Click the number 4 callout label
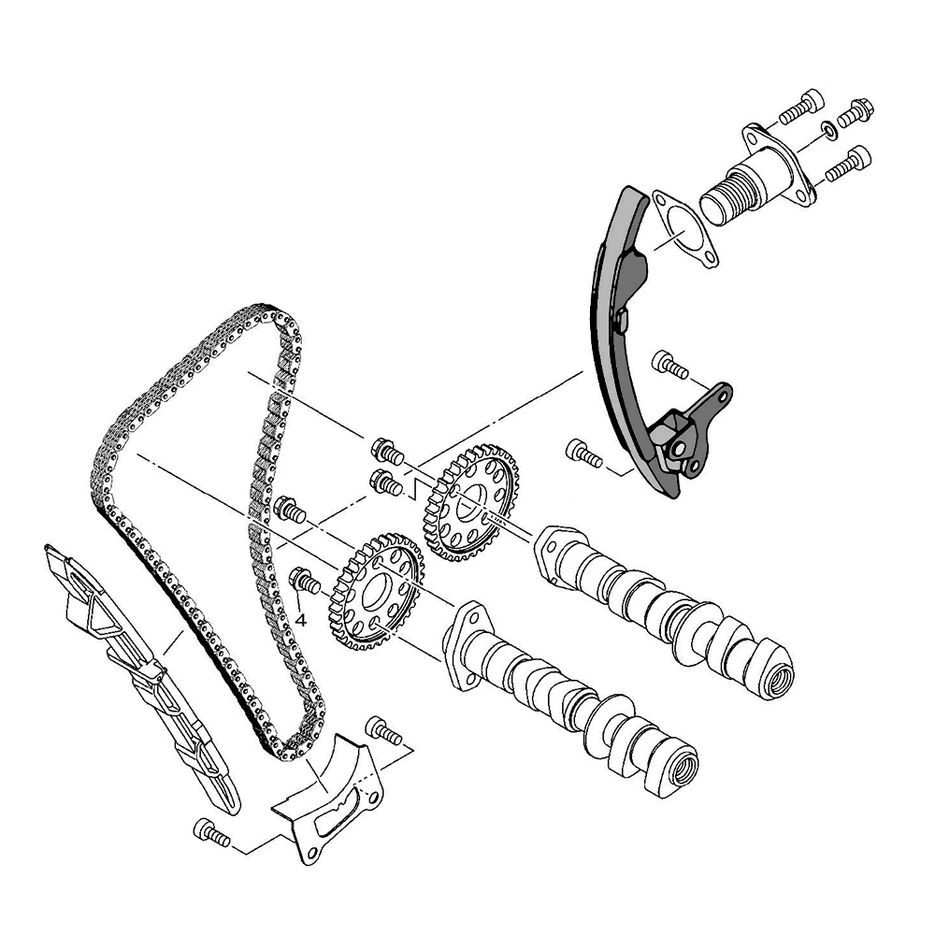point(301,618)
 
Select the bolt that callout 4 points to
point(304,581)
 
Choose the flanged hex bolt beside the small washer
point(856,111)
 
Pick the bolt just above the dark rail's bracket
point(670,364)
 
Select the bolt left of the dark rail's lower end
point(585,454)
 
